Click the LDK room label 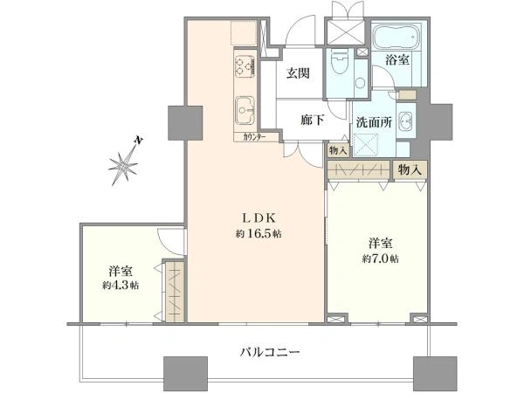click(259, 218)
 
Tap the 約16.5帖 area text click(259, 233)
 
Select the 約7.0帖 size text click(380, 259)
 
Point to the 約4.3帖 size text click(121, 286)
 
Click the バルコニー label click(270, 352)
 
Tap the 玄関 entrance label click(298, 73)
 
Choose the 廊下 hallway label click(313, 120)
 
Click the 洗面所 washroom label click(373, 122)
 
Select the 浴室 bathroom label click(397, 60)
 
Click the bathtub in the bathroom click(396, 37)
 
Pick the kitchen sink click(245, 110)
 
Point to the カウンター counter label click(255, 137)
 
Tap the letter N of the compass click(138, 140)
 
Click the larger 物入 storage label click(410, 170)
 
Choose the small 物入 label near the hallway click(337, 150)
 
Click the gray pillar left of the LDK click(185, 122)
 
